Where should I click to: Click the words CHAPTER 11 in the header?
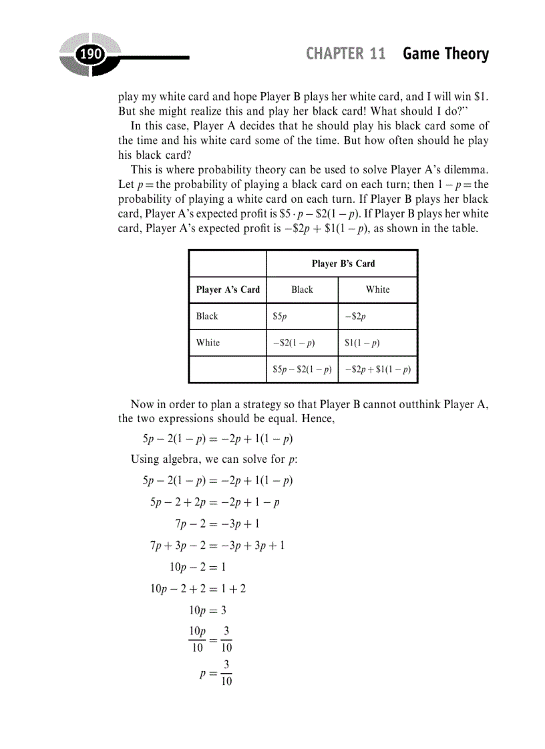click(345, 54)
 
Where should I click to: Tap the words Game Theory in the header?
click(445, 54)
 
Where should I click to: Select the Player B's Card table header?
click(343, 263)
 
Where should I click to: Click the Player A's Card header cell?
click(228, 289)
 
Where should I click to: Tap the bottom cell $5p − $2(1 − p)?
click(302, 369)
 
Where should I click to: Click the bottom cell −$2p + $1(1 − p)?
click(377, 369)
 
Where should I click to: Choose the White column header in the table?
click(377, 289)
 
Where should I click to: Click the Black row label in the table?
click(207, 316)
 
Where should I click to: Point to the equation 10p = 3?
click(208, 610)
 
